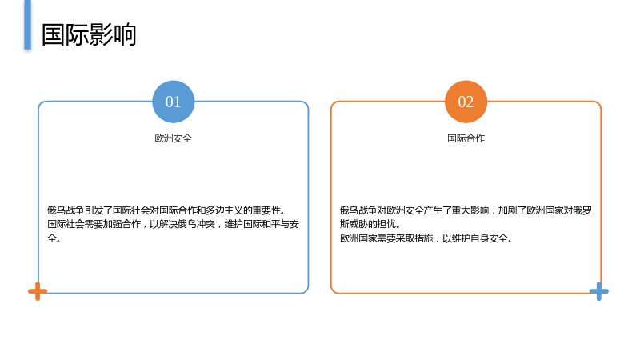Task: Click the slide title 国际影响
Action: (89, 34)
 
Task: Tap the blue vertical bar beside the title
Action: (27, 25)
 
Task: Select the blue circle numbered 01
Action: (173, 102)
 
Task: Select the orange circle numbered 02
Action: (466, 102)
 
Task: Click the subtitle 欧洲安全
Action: (173, 138)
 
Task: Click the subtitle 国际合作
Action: (466, 138)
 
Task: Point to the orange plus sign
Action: (38, 291)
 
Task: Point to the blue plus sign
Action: (598, 291)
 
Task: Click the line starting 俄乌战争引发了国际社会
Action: (166, 210)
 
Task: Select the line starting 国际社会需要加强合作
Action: (173, 224)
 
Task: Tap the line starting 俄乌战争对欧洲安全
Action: (466, 210)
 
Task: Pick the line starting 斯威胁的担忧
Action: (370, 224)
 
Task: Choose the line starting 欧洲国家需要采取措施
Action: (426, 238)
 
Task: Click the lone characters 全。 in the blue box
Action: (54, 238)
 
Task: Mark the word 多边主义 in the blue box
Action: (224, 210)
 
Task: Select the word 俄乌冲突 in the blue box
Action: (196, 224)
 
